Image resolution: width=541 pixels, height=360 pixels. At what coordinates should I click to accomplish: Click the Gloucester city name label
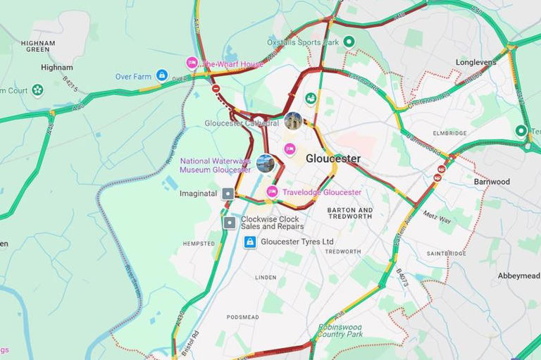point(332,159)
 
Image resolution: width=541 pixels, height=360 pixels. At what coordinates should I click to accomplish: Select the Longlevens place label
point(475,62)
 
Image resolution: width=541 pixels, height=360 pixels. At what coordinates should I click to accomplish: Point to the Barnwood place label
point(492,182)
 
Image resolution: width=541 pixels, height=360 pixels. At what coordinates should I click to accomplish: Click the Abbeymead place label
point(518,276)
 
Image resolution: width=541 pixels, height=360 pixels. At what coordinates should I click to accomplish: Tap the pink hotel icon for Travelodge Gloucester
point(272,192)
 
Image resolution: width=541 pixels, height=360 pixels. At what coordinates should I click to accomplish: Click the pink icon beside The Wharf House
point(192,63)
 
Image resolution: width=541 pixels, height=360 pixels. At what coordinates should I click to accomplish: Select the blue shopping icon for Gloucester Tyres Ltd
point(249,242)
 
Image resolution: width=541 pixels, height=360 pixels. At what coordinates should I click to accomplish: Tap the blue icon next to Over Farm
point(162,75)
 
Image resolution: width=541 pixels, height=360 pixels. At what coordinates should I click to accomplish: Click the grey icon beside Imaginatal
point(228,193)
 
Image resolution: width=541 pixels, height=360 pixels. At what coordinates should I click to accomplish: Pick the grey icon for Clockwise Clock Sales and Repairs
point(230,223)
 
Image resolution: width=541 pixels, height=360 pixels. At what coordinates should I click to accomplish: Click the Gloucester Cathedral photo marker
point(294,120)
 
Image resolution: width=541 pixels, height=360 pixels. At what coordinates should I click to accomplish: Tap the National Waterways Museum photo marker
point(266,163)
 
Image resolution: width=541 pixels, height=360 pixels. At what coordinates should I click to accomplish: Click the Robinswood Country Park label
point(340,330)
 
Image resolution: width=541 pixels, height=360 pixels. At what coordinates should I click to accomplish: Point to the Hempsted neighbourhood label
point(199,244)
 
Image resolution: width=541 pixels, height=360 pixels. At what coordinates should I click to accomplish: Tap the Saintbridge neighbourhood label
point(446,254)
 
